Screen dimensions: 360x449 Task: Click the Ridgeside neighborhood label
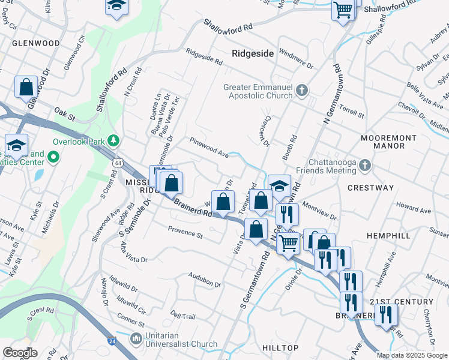tap(253, 53)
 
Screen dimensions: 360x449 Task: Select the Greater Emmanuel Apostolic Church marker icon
tap(302, 91)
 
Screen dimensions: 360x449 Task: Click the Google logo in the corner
tap(20, 353)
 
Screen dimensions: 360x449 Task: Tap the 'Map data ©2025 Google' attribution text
tap(411, 355)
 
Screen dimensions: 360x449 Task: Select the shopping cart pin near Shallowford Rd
tap(343, 10)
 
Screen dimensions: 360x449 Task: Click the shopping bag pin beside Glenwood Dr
tap(26, 88)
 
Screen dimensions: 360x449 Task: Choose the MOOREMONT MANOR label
tap(388, 142)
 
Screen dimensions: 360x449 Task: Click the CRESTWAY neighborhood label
tap(371, 188)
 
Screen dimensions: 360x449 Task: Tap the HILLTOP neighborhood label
tap(280, 348)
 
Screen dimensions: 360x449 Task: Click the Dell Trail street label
tap(183, 316)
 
